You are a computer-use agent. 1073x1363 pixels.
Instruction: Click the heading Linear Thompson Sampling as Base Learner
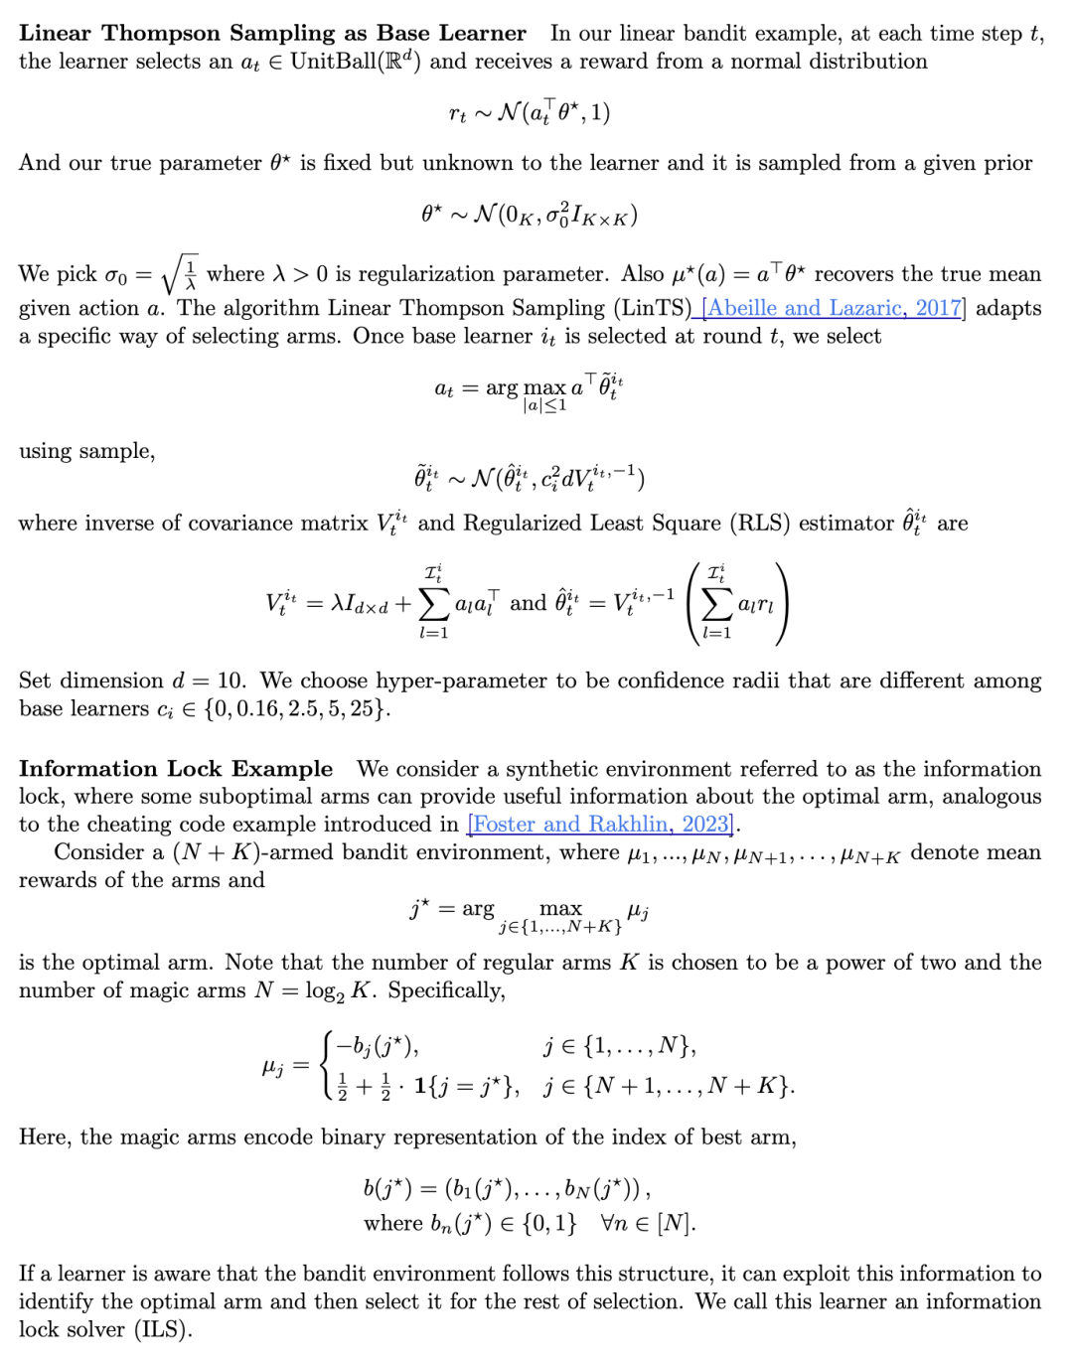pos(272,33)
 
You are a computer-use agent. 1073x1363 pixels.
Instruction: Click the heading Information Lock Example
pos(176,769)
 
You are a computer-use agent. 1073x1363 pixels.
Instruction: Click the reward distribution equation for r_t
pos(530,113)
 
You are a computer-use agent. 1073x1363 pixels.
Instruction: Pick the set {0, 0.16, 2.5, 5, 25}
pos(295,709)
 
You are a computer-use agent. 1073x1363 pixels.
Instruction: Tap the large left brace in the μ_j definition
pos(328,1065)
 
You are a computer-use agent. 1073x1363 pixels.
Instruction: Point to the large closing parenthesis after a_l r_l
pos(782,603)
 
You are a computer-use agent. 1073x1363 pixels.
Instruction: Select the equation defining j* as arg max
pos(530,912)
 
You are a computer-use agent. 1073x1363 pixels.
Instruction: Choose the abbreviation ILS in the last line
pos(162,1330)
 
